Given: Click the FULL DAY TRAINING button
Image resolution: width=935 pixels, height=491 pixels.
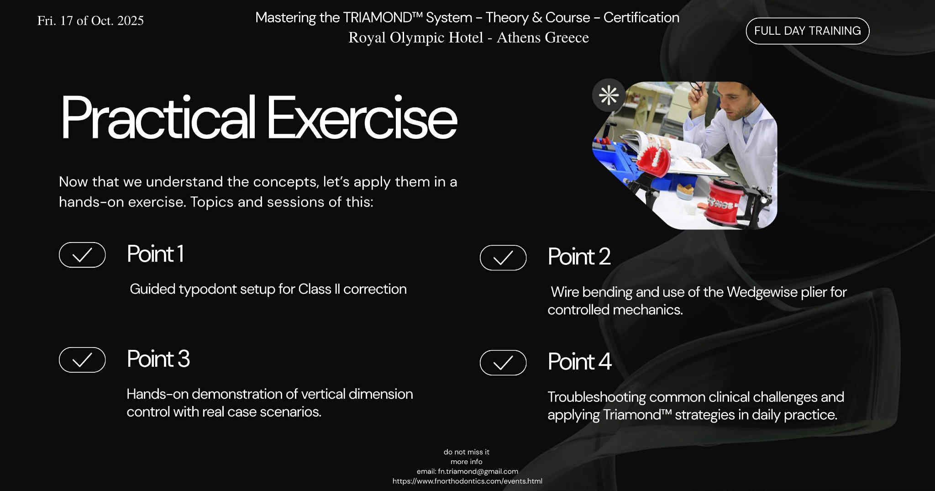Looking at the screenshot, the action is [x=807, y=31].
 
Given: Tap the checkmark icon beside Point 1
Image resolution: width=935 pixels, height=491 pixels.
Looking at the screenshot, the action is [x=82, y=254].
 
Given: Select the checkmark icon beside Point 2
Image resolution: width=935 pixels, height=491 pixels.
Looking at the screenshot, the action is [x=503, y=258].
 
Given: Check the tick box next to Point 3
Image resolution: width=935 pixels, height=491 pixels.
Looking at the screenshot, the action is [x=82, y=359].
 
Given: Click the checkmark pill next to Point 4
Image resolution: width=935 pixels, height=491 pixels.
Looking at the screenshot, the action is [x=503, y=363].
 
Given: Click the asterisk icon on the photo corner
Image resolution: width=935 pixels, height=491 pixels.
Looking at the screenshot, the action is [x=609, y=95].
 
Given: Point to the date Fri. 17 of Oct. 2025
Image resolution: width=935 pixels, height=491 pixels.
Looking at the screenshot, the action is [x=90, y=21].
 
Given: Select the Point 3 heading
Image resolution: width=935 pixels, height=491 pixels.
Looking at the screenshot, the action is [x=158, y=359].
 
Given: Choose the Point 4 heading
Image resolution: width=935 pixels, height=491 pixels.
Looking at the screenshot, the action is [x=579, y=362].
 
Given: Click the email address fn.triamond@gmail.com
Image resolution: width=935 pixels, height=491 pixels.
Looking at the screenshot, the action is [x=478, y=471].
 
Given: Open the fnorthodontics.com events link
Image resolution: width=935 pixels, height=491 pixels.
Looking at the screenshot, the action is [x=467, y=481].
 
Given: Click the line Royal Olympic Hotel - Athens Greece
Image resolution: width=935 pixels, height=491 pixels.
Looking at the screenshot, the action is [x=468, y=37].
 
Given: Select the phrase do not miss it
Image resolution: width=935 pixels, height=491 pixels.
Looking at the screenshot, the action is [x=466, y=452].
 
